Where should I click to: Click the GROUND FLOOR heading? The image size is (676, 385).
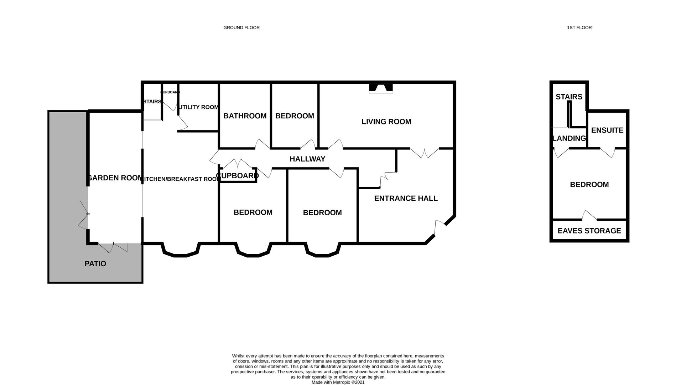[x=241, y=27]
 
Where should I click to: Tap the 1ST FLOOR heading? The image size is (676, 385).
[x=579, y=27]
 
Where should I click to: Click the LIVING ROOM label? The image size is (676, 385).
[x=386, y=122]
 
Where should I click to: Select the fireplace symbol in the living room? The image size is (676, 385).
[x=381, y=88]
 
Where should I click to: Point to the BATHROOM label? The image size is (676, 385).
[x=245, y=116]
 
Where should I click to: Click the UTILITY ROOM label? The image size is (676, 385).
[x=198, y=107]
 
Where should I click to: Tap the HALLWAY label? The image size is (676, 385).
[x=307, y=159]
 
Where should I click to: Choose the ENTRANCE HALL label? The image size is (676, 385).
[x=406, y=198]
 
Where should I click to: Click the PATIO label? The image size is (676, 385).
[x=95, y=264]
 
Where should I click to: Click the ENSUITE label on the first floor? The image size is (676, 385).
[x=607, y=130]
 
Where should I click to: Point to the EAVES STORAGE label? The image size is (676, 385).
[x=589, y=231]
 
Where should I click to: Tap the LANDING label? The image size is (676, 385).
[x=569, y=138]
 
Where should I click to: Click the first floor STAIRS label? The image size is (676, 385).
[x=569, y=97]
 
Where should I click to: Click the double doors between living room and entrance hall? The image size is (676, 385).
[x=424, y=153]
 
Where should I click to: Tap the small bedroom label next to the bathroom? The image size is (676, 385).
[x=295, y=116]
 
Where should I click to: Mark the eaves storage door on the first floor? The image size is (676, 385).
[x=589, y=216]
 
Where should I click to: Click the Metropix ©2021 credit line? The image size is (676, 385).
[x=338, y=382]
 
